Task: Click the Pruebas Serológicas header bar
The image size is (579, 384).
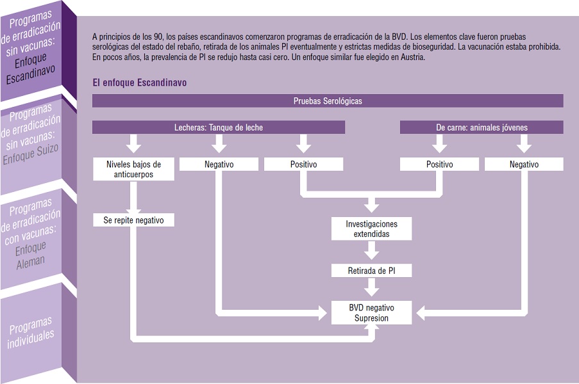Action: click(328, 101)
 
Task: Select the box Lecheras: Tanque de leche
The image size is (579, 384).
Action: click(219, 127)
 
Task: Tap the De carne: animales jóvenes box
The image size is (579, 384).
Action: click(482, 127)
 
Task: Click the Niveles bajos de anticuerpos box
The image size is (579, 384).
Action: click(133, 169)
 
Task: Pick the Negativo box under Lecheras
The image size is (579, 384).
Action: click(219, 164)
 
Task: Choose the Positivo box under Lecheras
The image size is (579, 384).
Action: click(303, 164)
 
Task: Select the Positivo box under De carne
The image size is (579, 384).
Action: click(439, 164)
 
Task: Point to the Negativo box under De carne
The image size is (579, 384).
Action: click(524, 164)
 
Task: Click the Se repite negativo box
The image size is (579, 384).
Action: click(133, 220)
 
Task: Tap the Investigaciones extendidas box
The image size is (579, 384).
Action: click(371, 229)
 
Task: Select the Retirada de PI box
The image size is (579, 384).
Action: click(371, 271)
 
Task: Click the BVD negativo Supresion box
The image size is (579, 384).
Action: click(371, 313)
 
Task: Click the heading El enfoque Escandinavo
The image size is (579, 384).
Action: click(140, 83)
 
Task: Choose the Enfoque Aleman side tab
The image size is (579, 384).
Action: click(31, 233)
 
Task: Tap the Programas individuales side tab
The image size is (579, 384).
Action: click(31, 332)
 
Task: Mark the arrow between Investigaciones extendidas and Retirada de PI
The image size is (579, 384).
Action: click(371, 251)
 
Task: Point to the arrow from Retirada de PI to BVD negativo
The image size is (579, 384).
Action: click(371, 287)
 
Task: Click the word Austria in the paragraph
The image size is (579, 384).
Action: click(413, 58)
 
